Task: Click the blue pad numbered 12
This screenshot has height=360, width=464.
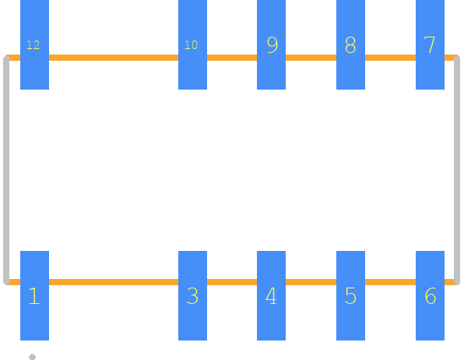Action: point(34,44)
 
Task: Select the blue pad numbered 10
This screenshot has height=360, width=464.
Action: point(192,44)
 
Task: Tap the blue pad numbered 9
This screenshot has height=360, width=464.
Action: point(272,44)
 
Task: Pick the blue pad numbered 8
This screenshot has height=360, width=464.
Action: point(350,44)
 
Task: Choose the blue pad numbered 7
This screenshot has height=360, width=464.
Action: point(430,44)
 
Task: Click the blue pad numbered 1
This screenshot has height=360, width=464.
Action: point(34,295)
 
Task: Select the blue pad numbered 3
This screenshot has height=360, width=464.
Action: point(192,295)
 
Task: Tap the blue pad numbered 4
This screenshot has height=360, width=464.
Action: point(272,295)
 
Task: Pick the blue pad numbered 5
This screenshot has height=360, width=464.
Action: point(350,295)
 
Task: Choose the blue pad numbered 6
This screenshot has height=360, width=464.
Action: point(430,295)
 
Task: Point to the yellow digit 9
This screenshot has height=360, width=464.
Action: point(272,45)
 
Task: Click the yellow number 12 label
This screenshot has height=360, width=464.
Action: point(33,45)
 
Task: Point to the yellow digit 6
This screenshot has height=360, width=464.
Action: point(431,295)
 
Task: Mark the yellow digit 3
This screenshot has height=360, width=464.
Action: point(192,295)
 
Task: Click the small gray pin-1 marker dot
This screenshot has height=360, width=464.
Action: point(32,357)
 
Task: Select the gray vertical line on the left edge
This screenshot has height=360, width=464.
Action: point(6,170)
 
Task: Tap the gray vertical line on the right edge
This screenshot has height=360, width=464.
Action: point(457,170)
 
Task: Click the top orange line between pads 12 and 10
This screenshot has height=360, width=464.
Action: point(114,58)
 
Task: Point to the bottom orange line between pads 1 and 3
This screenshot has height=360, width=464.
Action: point(114,282)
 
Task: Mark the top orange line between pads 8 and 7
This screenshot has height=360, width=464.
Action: point(390,58)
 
